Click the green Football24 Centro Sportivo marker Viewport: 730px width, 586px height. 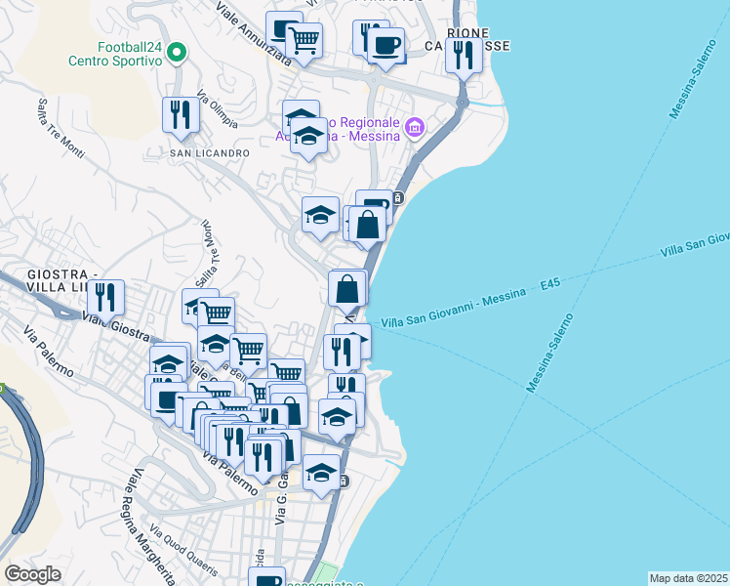[x=177, y=53]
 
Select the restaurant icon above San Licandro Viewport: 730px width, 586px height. [x=181, y=114]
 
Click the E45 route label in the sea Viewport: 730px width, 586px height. [x=549, y=284]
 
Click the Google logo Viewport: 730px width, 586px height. [x=32, y=573]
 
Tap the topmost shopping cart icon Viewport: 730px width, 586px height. [x=304, y=40]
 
